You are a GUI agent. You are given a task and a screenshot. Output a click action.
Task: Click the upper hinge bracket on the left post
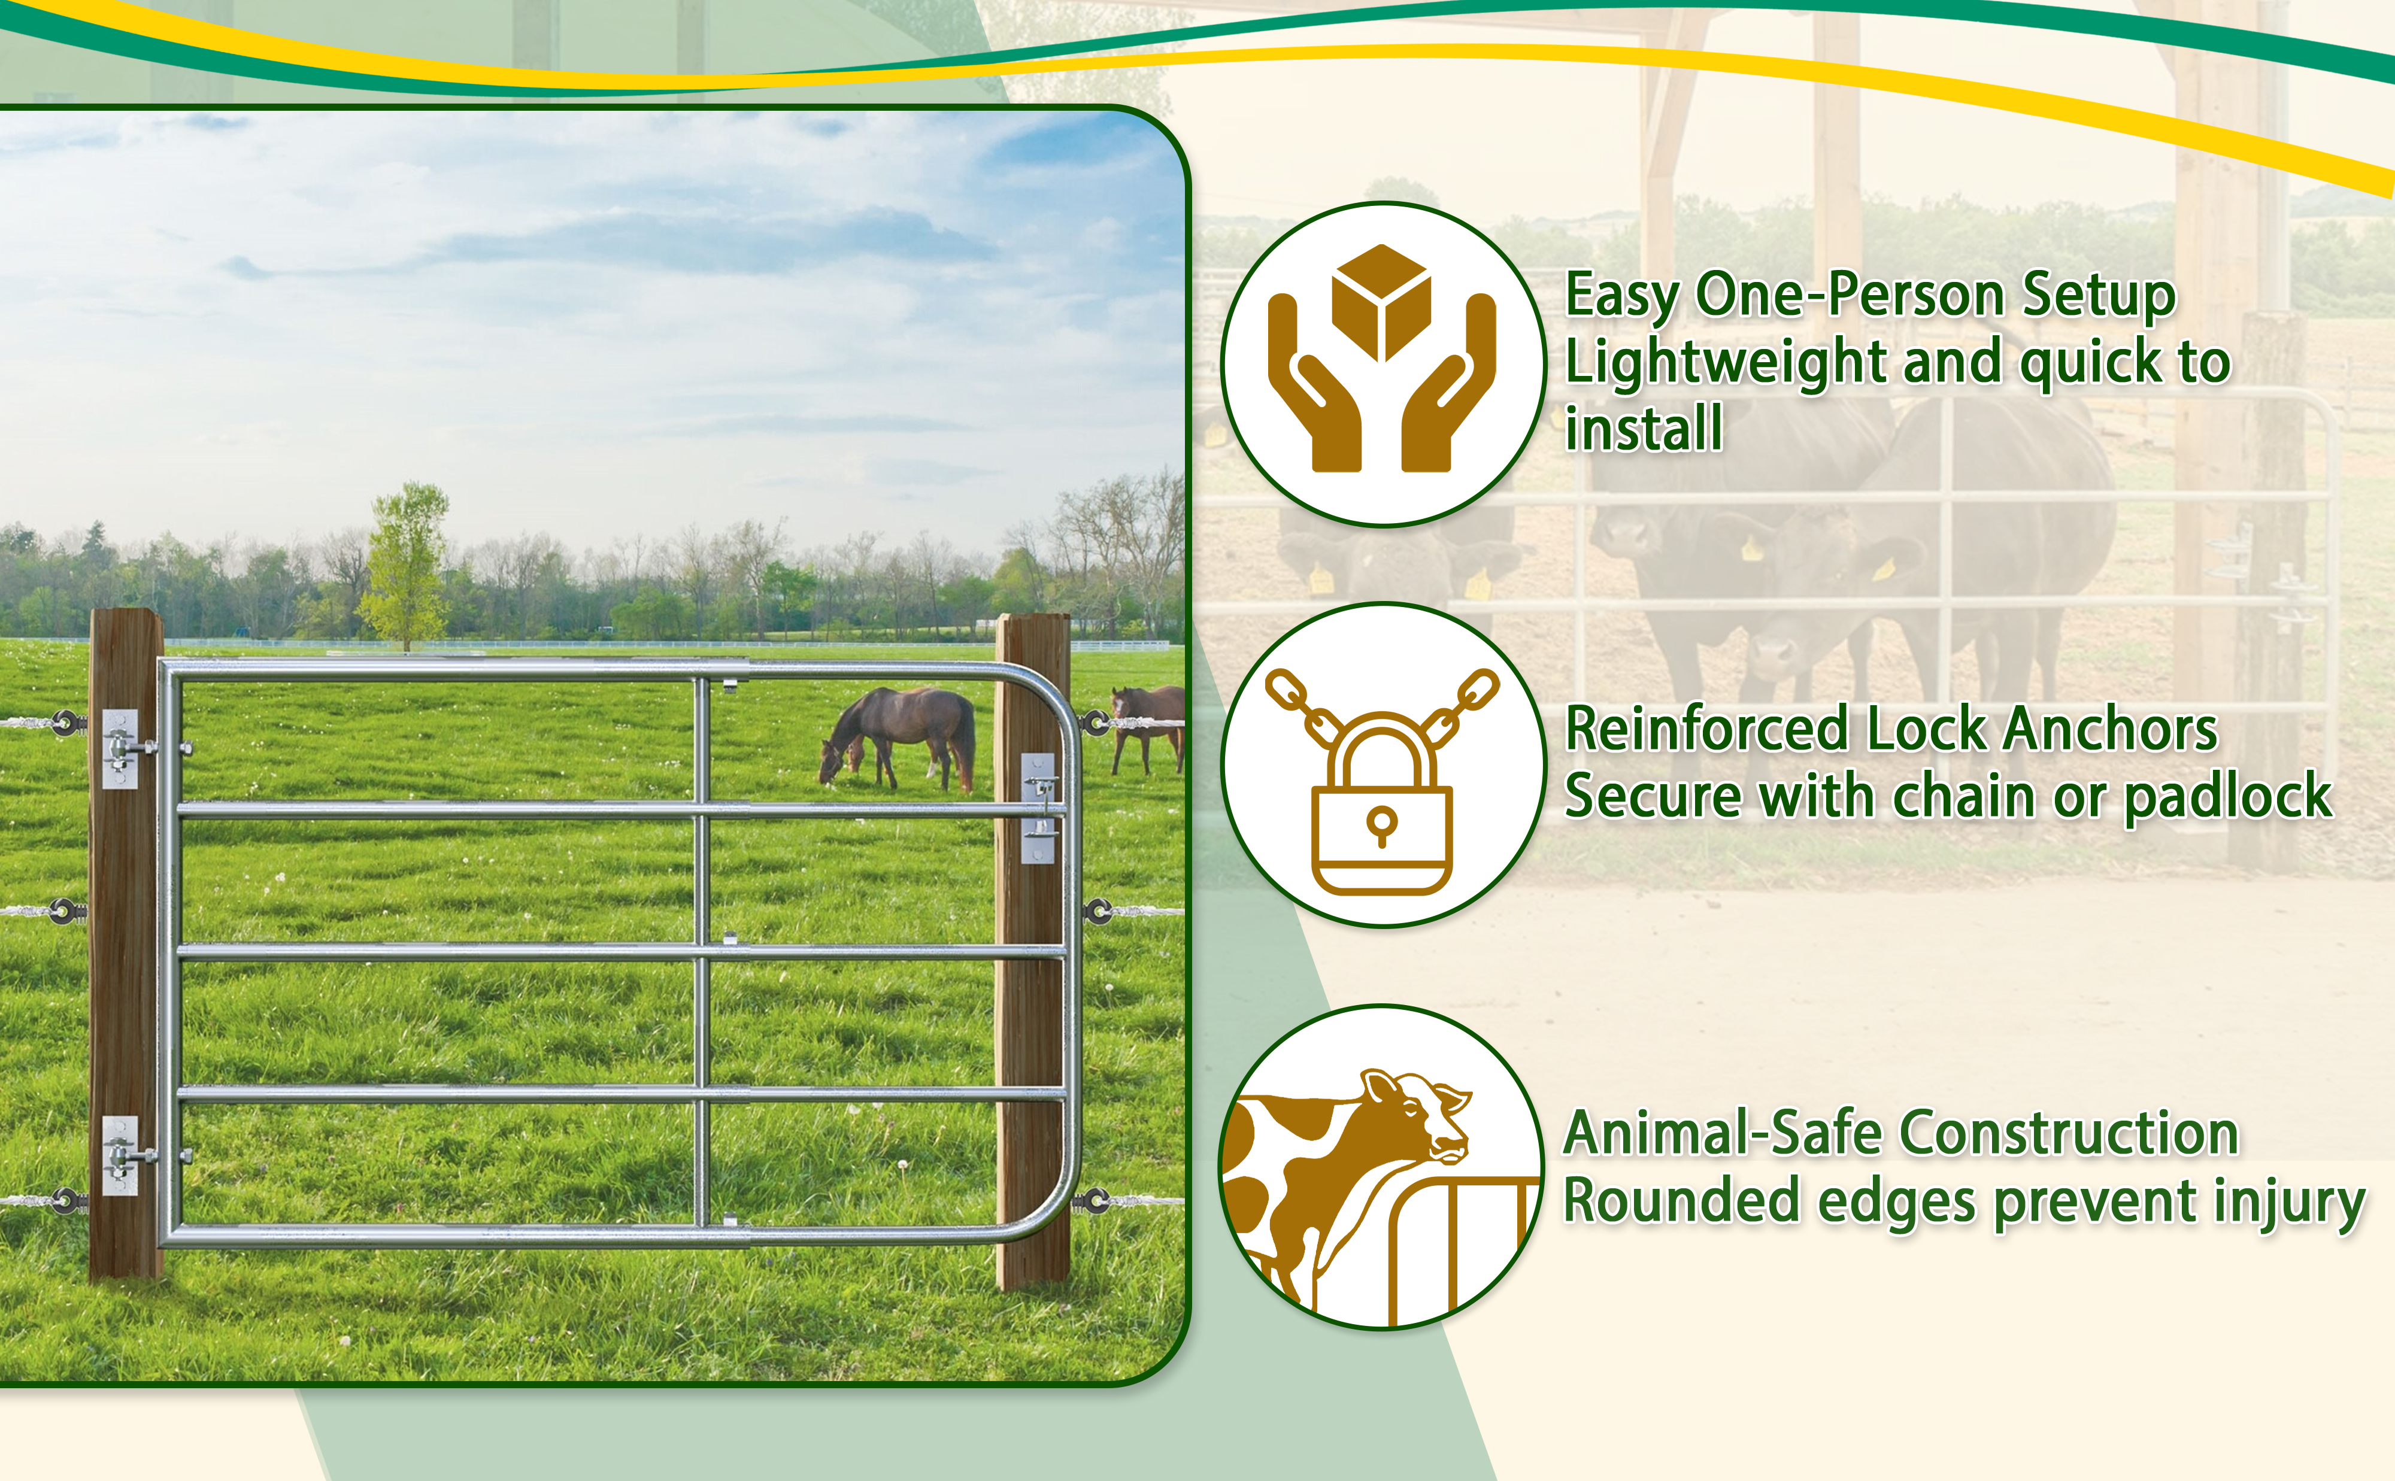pos(120,749)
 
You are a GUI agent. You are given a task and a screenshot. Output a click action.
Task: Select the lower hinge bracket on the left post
pos(120,1156)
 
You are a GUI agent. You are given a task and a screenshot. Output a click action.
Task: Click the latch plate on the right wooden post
pos(1038,808)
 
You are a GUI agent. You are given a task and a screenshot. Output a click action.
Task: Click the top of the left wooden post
pos(126,614)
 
